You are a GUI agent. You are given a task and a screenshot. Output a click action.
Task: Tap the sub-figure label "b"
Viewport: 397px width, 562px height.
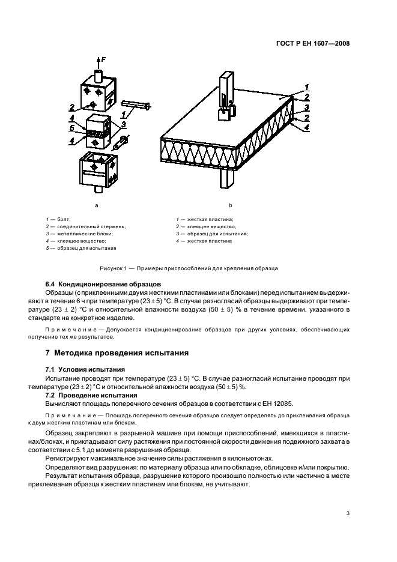[231, 205]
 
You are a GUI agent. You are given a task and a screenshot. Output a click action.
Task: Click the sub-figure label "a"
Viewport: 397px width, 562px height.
[97, 205]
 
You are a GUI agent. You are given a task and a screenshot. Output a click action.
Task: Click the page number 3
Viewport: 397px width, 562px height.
[348, 513]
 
